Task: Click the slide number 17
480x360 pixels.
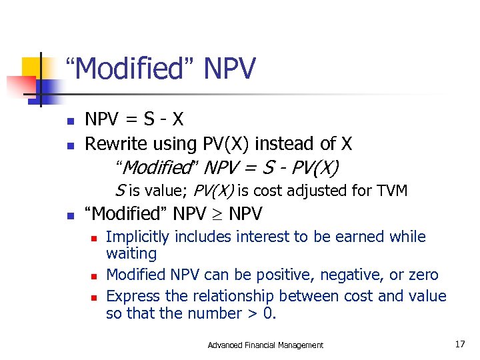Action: click(x=459, y=345)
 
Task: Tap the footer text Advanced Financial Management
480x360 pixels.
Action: click(x=265, y=345)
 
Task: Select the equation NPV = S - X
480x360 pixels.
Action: click(x=134, y=119)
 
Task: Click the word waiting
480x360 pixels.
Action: click(x=131, y=254)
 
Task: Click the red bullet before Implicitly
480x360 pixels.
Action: click(x=95, y=237)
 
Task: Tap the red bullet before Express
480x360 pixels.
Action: click(x=95, y=296)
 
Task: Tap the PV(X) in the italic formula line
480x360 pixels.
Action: click(x=314, y=167)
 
